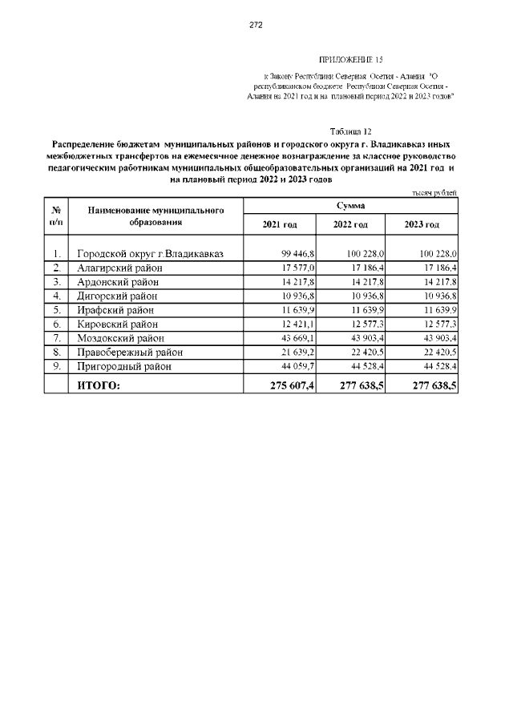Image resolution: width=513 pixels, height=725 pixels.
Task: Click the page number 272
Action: pos(256,25)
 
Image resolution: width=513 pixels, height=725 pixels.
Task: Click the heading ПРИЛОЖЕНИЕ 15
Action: pos(351,60)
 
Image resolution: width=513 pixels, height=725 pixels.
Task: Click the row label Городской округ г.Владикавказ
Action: pos(149,254)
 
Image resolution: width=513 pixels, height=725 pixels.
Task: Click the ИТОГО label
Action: pos(99,385)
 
